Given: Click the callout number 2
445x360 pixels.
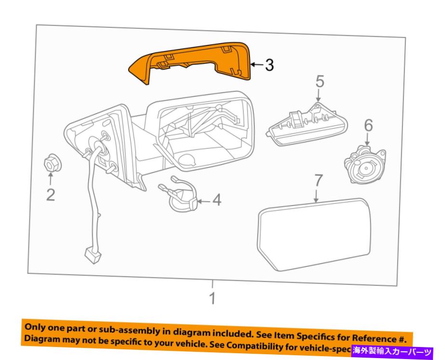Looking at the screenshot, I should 51,194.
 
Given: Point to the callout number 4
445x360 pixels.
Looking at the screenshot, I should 217,200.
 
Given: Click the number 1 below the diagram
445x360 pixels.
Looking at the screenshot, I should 212,298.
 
